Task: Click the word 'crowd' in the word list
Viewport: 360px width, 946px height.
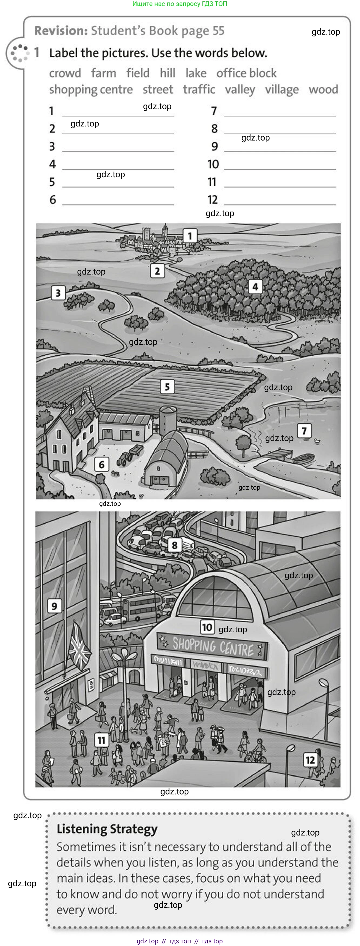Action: point(65,73)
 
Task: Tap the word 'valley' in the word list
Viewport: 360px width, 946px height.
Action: point(240,90)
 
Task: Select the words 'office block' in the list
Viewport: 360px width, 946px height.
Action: point(246,73)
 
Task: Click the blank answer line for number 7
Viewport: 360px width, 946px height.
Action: point(280,116)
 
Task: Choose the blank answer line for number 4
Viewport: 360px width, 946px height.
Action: point(118,169)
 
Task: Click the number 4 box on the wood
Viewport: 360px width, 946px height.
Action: point(255,287)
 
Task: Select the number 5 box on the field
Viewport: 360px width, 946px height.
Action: point(167,387)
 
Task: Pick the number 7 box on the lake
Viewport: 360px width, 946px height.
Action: point(304,431)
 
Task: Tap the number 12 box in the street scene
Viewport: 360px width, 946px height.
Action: point(311,760)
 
